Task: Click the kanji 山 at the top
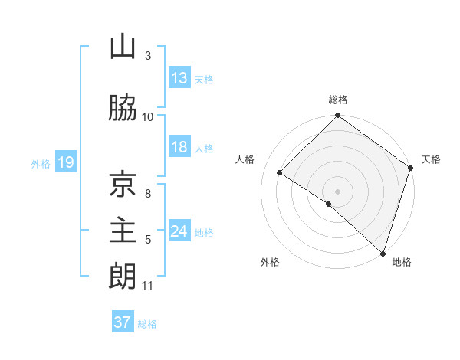123,48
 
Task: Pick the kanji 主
123,231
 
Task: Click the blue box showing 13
179,77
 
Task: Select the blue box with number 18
179,147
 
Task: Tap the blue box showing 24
179,231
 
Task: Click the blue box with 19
65,162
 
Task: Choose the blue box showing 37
123,322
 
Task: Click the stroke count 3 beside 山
147,56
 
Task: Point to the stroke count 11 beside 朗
147,286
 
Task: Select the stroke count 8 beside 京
147,193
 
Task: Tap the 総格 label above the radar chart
337,100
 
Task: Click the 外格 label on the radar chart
270,262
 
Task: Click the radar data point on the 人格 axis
280,172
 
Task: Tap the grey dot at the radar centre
337,191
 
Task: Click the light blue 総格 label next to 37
147,324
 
